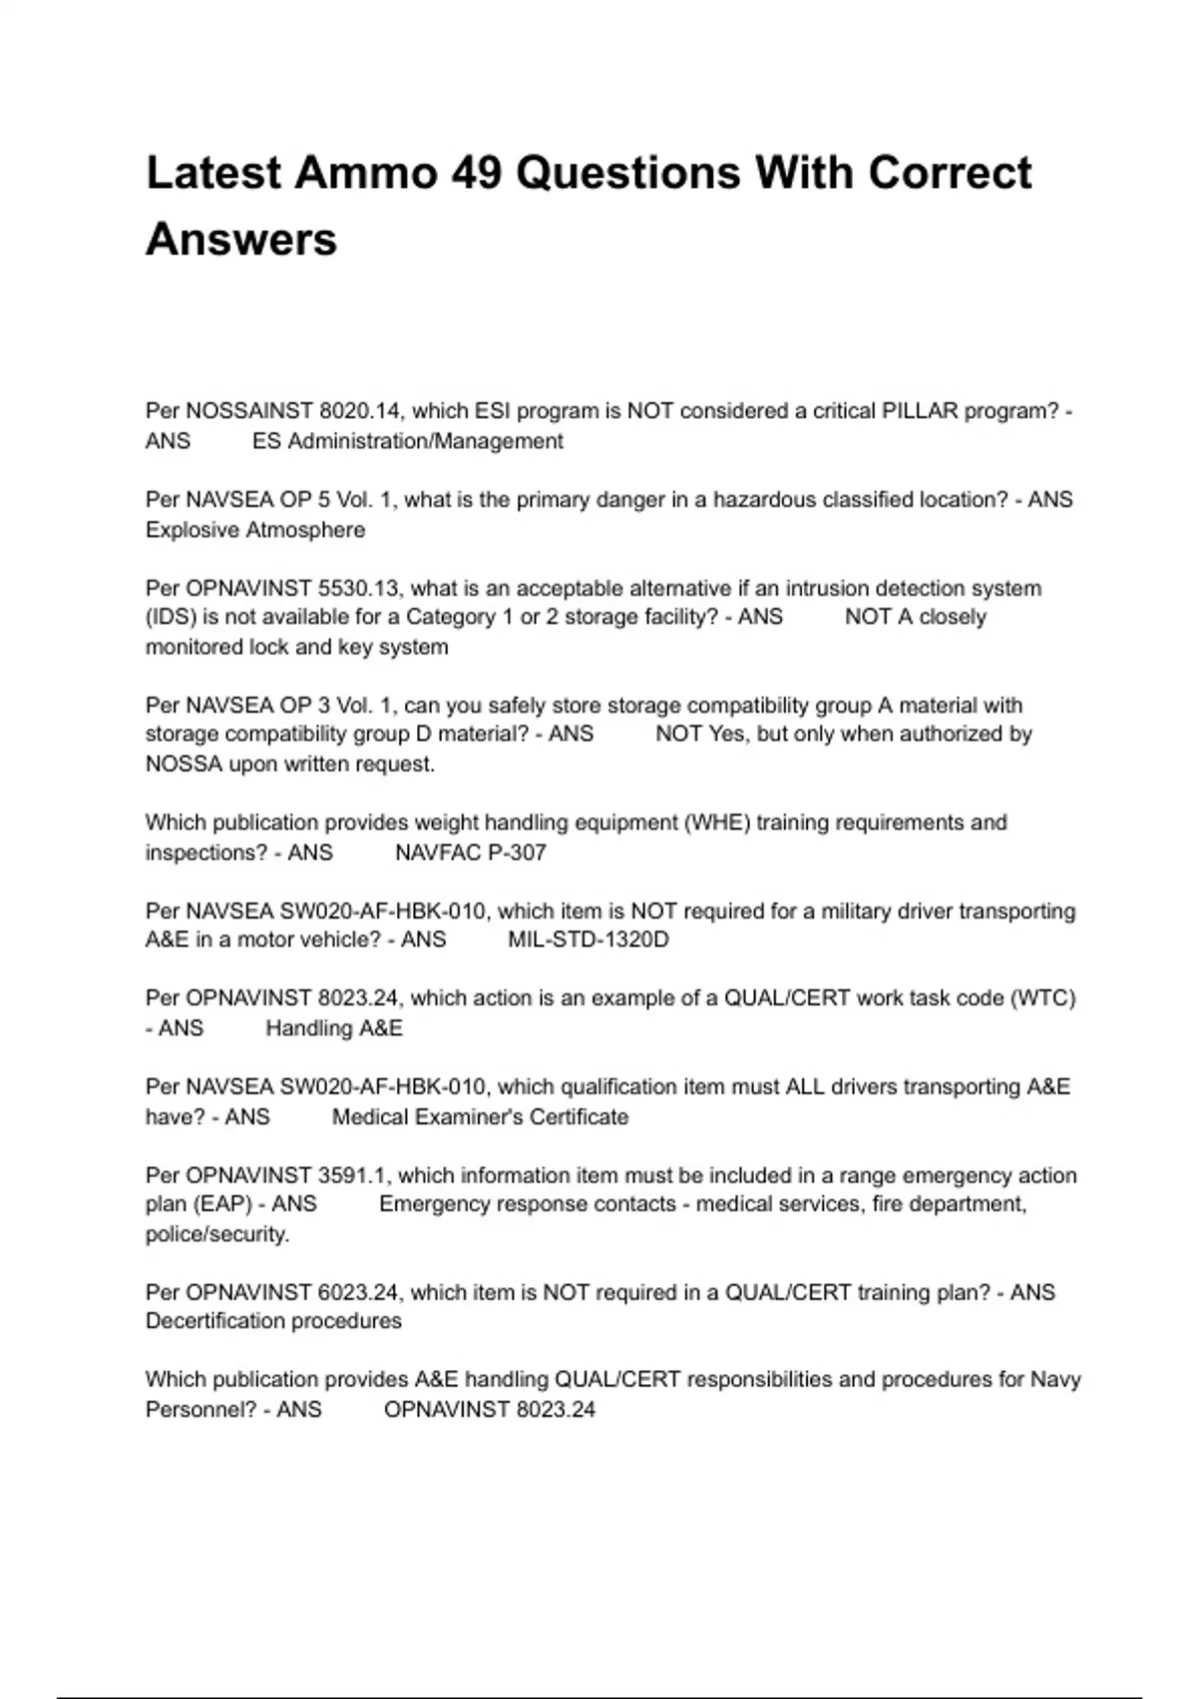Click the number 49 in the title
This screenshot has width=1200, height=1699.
pos(476,173)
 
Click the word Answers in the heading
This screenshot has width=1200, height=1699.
pos(241,240)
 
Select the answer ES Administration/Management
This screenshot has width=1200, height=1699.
pos(407,441)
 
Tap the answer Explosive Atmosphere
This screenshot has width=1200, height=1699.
pos(255,530)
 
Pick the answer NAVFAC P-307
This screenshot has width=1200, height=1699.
pos(470,852)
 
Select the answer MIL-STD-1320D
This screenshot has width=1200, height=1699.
pos(588,939)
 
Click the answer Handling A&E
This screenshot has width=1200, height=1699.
pos(334,1028)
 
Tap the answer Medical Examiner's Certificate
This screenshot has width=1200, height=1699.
pos(480,1116)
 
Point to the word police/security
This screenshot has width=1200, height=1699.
pos(217,1234)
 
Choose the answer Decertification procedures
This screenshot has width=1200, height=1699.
pos(273,1321)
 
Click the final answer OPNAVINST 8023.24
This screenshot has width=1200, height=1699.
pos(489,1409)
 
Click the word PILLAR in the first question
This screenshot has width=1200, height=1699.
pos(919,411)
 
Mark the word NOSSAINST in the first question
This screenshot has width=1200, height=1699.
pos(249,411)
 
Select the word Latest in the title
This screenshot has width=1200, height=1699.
pos(214,173)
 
